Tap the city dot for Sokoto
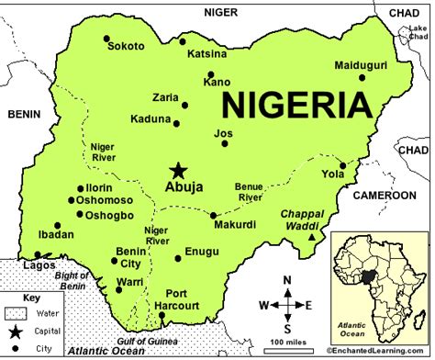[107, 40]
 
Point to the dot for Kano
[210, 75]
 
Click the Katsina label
[207, 53]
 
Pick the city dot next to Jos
[224, 143]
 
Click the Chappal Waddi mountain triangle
[313, 237]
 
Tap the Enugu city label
[202, 251]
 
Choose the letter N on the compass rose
[286, 280]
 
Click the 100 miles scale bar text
[287, 342]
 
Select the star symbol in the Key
[13, 332]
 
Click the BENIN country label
[25, 114]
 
